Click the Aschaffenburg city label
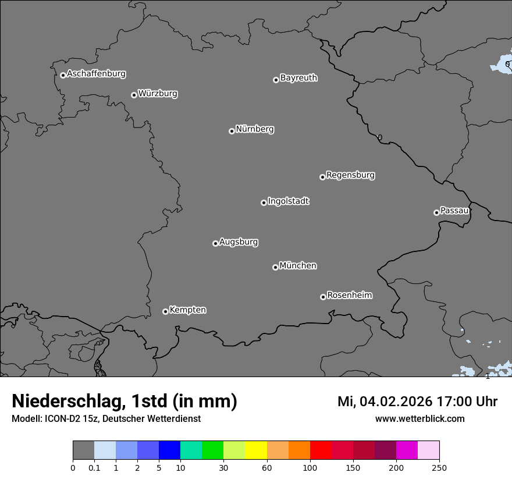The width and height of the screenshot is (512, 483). click(96, 74)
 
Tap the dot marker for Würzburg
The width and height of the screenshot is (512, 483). click(134, 95)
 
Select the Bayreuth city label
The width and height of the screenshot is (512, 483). click(298, 78)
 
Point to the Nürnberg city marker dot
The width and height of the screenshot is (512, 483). click(232, 131)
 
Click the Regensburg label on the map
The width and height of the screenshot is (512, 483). click(350, 175)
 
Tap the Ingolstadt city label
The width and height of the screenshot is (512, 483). click(288, 201)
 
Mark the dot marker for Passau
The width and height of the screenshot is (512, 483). click(436, 212)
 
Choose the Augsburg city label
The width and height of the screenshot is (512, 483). click(239, 242)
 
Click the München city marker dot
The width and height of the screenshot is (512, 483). click(275, 267)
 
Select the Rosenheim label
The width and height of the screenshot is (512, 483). click(349, 296)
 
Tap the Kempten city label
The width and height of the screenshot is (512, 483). click(187, 310)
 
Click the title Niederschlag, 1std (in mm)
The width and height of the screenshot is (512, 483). click(125, 402)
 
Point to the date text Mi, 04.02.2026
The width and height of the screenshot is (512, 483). click(383, 402)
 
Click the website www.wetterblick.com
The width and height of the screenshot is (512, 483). click(419, 419)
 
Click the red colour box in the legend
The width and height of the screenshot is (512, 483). click(321, 450)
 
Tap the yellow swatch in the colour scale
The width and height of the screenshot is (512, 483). click(256, 450)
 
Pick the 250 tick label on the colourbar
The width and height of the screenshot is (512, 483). click(439, 468)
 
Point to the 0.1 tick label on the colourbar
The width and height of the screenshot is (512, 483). click(94, 468)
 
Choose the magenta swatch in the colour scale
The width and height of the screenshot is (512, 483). click(407, 450)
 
